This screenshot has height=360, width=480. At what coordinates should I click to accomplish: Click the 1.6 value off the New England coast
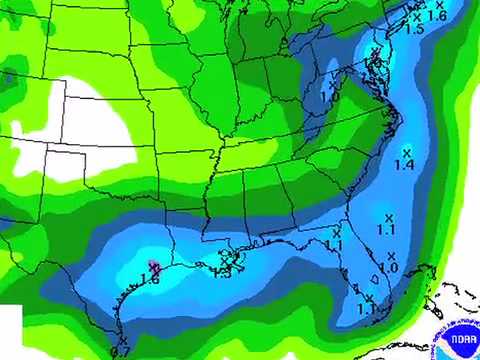(x=437, y=16)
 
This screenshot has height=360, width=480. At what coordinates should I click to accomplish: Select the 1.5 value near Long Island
(x=414, y=30)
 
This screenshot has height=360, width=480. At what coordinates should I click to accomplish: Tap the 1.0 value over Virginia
(x=328, y=96)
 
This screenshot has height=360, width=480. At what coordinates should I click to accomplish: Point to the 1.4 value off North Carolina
(x=404, y=164)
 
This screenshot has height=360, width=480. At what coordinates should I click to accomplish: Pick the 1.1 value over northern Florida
(x=334, y=245)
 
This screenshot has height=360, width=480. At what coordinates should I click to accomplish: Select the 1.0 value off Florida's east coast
(x=388, y=268)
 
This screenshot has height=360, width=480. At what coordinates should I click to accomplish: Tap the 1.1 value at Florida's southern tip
(x=367, y=309)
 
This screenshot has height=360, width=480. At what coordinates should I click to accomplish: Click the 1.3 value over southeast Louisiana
(x=222, y=273)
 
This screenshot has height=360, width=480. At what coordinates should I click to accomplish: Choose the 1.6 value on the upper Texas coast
(x=151, y=280)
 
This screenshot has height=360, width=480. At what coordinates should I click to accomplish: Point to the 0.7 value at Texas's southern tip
(x=120, y=351)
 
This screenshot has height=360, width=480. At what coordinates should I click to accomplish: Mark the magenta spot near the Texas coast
(x=153, y=266)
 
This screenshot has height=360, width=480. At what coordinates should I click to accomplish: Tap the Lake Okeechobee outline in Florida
(x=374, y=280)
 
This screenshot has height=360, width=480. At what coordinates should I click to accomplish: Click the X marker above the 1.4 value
(x=405, y=151)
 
